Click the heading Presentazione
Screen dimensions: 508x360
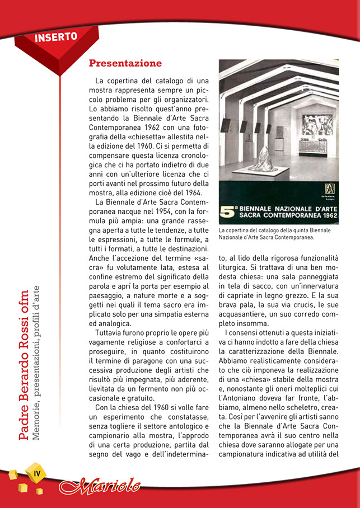point(125,63)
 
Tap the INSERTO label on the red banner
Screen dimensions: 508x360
point(55,37)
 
